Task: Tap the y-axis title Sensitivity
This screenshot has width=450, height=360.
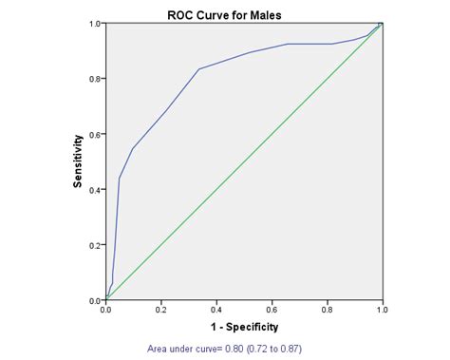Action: point(80,161)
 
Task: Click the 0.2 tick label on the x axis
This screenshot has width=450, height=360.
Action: point(161,311)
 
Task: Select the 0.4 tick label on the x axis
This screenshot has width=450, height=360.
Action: point(216,311)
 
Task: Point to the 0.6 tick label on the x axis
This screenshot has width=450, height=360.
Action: point(272,311)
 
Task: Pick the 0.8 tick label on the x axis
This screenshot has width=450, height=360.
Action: point(327,311)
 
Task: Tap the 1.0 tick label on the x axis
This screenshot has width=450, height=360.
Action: point(382,311)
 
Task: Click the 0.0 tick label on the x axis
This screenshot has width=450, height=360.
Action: point(106,311)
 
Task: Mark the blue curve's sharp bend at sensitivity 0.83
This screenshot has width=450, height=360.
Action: point(198,69)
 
